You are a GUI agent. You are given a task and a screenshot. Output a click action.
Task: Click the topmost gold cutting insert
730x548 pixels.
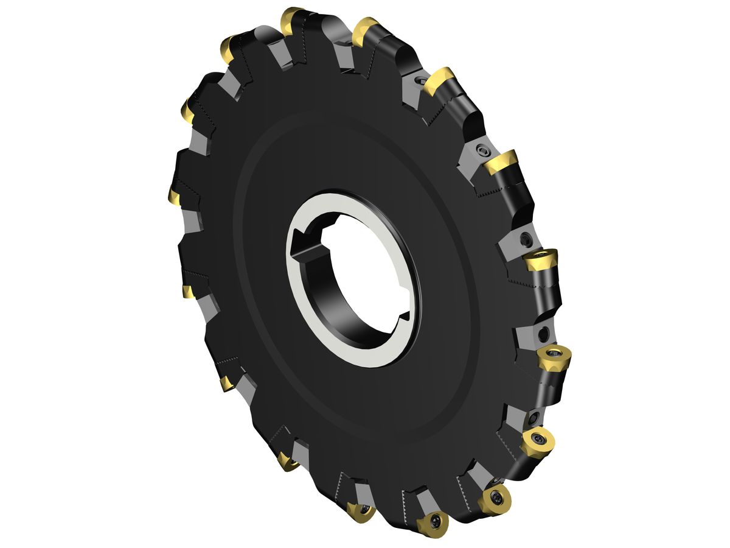291,18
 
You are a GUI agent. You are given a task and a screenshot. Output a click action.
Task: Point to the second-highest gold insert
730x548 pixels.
366,27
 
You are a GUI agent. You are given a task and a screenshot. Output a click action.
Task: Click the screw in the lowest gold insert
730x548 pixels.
436,522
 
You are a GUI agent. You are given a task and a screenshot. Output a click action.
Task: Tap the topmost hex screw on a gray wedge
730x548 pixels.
419,80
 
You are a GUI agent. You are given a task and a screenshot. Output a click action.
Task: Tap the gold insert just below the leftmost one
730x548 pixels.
188,292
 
